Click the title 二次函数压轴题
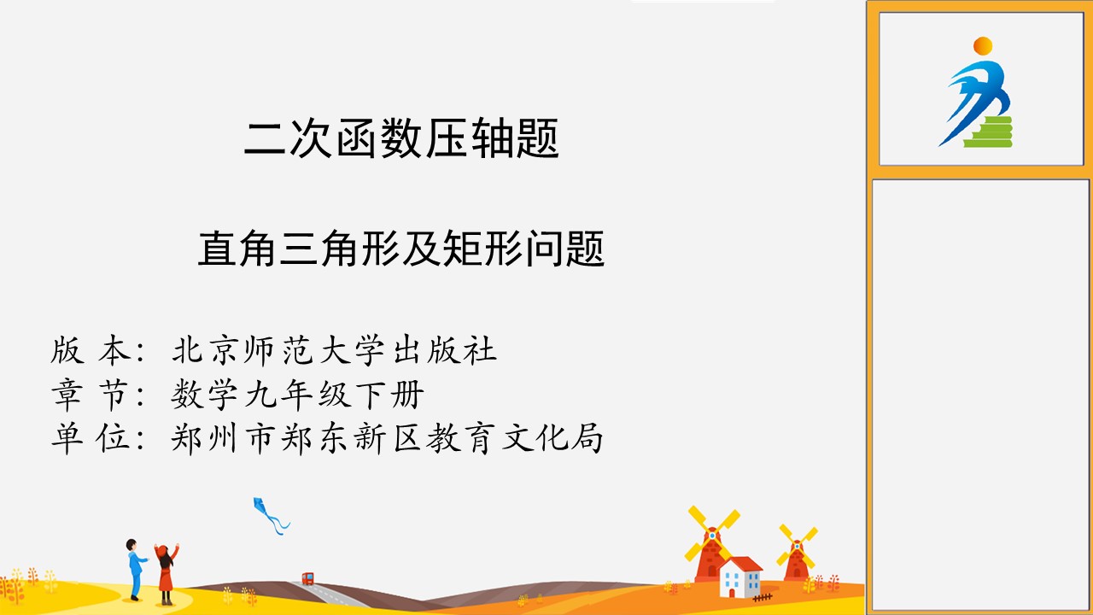click(401, 138)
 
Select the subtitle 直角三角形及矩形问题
click(401, 249)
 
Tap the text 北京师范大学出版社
click(334, 350)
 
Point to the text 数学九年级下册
click(297, 394)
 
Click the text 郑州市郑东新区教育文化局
click(387, 438)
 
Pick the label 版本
click(91, 350)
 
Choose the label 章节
click(91, 394)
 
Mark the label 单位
click(91, 438)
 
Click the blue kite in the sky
click(270, 515)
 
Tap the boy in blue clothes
click(135, 570)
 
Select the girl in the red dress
click(167, 574)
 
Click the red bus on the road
click(308, 579)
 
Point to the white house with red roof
click(740, 577)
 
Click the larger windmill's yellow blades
click(712, 534)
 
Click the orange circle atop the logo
click(983, 46)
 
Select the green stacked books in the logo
click(989, 132)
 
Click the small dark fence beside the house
click(763, 597)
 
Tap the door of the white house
click(732, 593)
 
